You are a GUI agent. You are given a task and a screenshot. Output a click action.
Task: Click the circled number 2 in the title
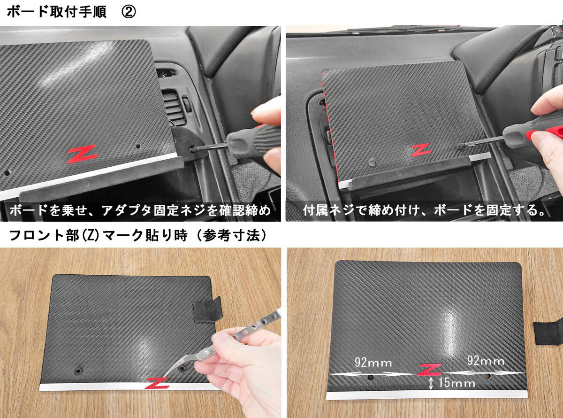[x=129, y=12]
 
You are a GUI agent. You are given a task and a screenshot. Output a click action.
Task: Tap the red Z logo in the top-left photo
[x=82, y=154]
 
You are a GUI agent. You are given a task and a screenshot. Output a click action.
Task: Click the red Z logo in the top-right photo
[x=421, y=149]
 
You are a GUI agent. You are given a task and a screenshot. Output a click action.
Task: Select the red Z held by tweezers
[x=157, y=383]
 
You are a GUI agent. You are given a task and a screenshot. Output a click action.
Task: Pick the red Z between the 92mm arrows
[x=429, y=370]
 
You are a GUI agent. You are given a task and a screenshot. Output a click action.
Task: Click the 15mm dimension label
[x=456, y=383]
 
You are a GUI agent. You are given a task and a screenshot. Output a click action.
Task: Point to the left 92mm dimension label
[x=373, y=363]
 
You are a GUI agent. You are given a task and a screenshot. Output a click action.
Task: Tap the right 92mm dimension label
[x=486, y=360]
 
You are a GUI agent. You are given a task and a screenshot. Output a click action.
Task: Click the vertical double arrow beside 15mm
[x=431, y=383]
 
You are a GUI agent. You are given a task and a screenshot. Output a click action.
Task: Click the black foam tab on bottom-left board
[x=208, y=309]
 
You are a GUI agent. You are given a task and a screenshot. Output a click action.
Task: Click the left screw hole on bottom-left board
[x=78, y=371]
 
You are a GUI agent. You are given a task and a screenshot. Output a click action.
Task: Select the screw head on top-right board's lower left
[x=372, y=162]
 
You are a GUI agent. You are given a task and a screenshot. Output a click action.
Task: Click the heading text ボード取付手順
[x=57, y=12]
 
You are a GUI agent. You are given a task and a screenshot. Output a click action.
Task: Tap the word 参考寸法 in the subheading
[x=231, y=235]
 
